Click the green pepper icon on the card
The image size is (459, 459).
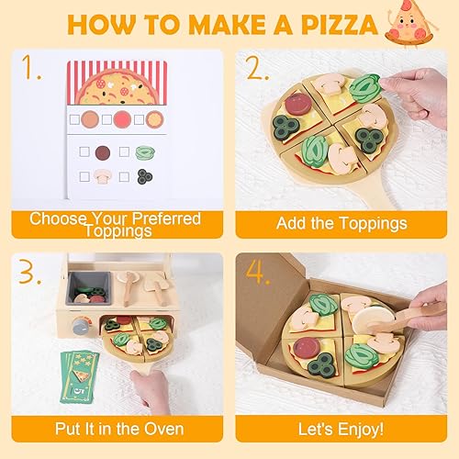pos(145,152)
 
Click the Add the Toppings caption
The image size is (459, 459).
pos(341,223)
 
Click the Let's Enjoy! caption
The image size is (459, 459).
pos(341,430)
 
